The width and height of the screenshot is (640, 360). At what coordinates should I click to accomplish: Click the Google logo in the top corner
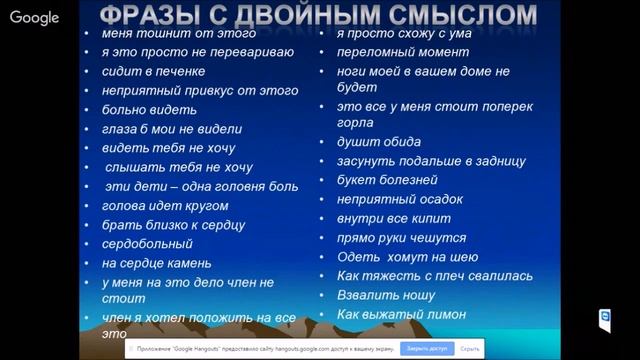(x=34, y=17)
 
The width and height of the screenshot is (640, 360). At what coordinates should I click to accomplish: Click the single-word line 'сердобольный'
(x=147, y=244)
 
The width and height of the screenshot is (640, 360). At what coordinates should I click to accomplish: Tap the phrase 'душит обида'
(x=378, y=142)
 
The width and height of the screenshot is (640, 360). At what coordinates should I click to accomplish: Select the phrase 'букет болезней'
(x=387, y=180)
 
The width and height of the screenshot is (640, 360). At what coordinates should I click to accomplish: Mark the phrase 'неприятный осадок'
(x=399, y=199)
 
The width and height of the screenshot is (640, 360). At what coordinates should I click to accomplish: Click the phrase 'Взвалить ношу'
(x=386, y=295)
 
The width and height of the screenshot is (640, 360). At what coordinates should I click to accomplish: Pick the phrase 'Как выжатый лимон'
(x=401, y=314)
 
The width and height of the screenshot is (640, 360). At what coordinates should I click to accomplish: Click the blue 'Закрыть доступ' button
(x=424, y=349)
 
